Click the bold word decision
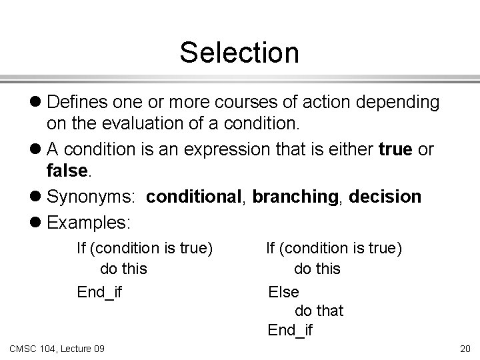[x=386, y=197]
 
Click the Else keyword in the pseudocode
[x=283, y=291]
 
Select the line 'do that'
[x=319, y=310]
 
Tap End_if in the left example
[x=99, y=291]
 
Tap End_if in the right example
[x=290, y=329]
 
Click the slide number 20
[x=464, y=348]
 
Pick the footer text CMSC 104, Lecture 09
[x=57, y=348]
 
